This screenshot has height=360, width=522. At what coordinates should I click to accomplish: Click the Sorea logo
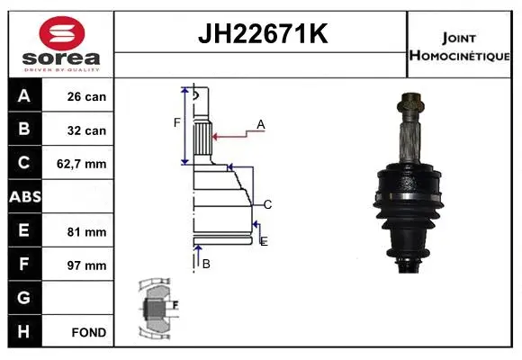[58, 44]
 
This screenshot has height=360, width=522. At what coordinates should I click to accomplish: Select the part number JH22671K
[261, 35]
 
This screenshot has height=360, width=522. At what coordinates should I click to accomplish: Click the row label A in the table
[23, 96]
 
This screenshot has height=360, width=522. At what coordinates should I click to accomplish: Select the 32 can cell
[87, 130]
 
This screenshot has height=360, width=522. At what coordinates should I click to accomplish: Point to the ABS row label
[23, 197]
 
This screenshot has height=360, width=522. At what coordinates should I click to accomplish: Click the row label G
[23, 298]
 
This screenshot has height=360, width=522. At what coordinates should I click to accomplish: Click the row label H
[23, 332]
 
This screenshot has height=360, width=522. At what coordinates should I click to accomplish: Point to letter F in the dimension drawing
[177, 122]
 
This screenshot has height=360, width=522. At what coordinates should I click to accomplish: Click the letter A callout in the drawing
[260, 124]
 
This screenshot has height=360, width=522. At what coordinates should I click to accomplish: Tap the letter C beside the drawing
[267, 204]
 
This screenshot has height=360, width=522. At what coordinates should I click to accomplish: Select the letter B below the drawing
[206, 264]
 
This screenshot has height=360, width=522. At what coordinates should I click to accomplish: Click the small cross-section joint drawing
[157, 310]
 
